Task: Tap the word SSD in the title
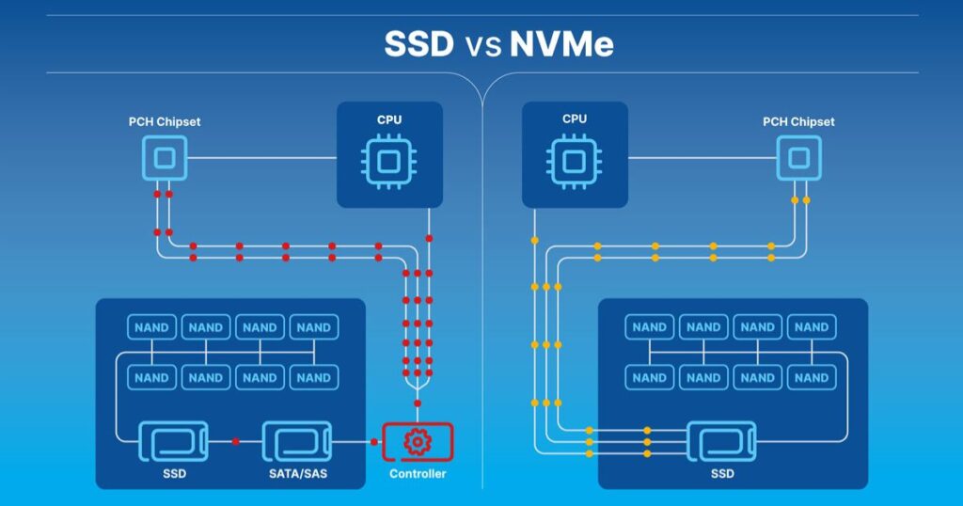tap(418, 44)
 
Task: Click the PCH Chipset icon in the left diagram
tap(164, 158)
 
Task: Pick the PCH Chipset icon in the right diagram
tap(798, 158)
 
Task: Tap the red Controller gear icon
tap(418, 441)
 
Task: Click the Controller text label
tap(418, 474)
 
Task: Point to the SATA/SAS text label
tap(296, 474)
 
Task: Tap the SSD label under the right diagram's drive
tap(721, 474)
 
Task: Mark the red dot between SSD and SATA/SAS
tap(235, 441)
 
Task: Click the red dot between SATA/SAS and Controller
tap(364, 441)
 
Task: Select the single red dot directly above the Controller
tap(418, 403)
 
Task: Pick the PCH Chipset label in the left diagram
tap(165, 121)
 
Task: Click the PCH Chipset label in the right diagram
tap(798, 121)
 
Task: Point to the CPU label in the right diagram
tap(574, 119)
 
